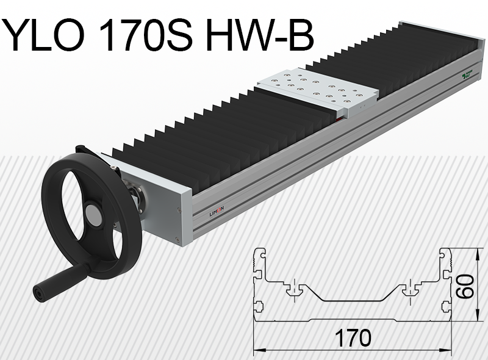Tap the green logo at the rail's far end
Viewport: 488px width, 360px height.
[x=468, y=74]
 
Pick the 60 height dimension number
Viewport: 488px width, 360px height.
[x=467, y=286]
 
